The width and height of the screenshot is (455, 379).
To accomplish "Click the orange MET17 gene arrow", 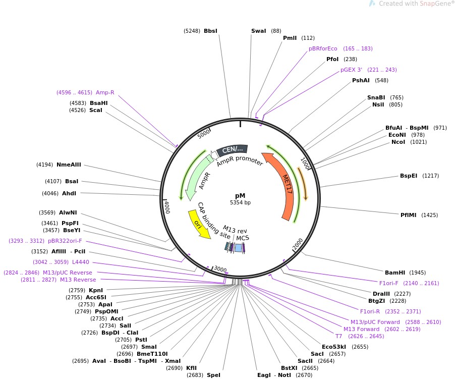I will point(285,187).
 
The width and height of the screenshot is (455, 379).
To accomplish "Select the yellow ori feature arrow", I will point(198,225).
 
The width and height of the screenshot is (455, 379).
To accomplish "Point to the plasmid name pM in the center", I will point(240,195).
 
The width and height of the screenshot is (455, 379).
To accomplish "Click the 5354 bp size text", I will point(240,202).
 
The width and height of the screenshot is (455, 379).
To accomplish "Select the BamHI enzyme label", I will point(395,272).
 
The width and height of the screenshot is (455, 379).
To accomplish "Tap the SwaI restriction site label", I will point(258,31).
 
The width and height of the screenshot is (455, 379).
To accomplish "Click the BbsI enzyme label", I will point(210,31).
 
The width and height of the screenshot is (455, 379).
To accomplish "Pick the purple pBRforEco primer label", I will point(323,48).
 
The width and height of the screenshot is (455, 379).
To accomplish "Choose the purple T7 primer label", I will point(338,336).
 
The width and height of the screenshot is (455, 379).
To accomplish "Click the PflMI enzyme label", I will point(409,214).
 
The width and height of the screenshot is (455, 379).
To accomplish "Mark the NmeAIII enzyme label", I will point(69,165).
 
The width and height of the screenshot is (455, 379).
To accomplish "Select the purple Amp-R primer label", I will point(105,92).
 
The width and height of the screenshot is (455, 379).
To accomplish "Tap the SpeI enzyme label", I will point(213,375).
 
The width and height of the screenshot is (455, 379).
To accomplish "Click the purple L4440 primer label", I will point(81,262).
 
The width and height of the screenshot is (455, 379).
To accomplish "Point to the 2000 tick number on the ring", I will point(299,245).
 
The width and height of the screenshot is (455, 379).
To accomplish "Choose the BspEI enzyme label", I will point(409,176).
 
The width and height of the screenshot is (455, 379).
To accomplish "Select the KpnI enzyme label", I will point(96,290).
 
